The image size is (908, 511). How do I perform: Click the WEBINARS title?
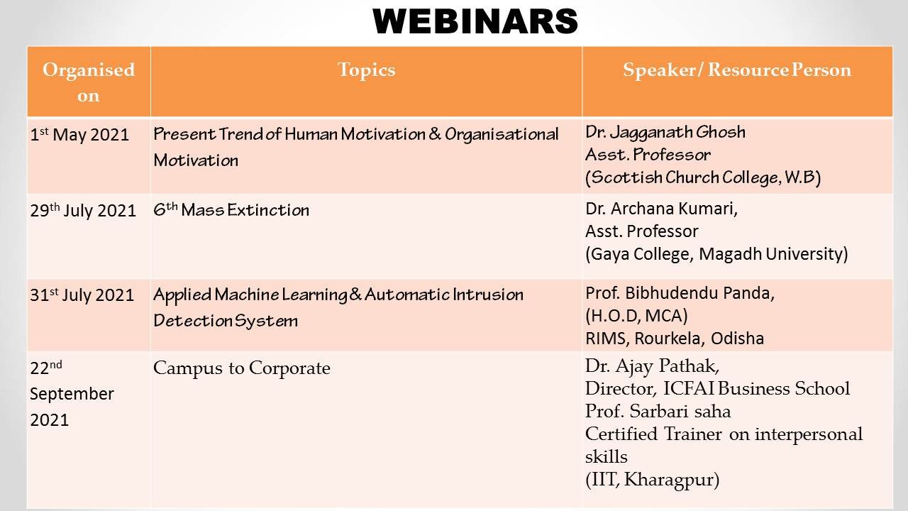pos(475,21)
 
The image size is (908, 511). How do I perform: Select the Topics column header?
pos(367,70)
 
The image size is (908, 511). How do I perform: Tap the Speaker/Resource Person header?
pos(737,70)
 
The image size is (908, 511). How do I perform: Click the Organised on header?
pos(89,82)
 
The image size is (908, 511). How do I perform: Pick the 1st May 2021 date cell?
pos(79,135)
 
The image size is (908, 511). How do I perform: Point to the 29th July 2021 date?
pos(83,211)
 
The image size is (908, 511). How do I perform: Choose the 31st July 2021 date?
pos(82,295)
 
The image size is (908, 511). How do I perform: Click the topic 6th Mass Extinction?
pos(231,209)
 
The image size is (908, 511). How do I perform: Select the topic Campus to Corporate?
pos(242,368)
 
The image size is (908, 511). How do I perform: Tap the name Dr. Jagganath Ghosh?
pos(665,132)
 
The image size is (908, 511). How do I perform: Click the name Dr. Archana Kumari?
pos(662,209)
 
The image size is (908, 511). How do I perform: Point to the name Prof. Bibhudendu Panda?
pos(680,293)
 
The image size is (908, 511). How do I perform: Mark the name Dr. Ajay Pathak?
pos(652,366)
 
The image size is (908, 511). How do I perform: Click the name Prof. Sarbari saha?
pos(658,411)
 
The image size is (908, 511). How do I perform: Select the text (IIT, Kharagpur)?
pos(652,480)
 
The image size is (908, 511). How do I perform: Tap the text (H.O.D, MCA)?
pos(636,316)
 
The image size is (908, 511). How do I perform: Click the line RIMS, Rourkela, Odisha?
pos(675,339)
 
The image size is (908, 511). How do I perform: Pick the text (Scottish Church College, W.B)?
pos(703,177)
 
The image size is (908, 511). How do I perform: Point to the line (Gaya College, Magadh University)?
pos(716,254)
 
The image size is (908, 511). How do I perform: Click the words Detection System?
pos(226,321)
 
